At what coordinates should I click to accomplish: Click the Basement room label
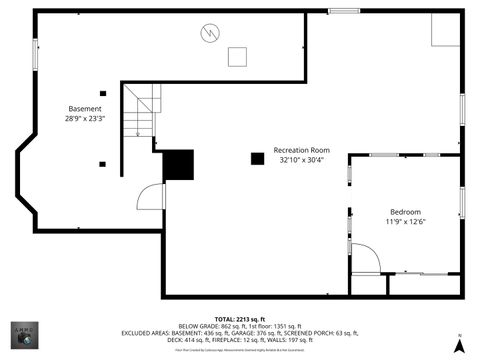tap(85, 108)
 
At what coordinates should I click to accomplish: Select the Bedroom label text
tap(405, 212)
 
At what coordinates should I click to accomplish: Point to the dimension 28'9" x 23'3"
tap(85, 118)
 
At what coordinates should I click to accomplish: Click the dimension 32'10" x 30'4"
tap(304, 160)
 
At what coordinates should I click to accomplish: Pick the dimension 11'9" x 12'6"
tap(405, 222)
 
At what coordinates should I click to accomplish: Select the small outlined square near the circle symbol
tap(237, 56)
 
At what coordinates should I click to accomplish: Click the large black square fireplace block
tap(177, 165)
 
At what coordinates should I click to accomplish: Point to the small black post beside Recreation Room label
tap(257, 158)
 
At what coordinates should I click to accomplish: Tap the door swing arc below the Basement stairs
tap(150, 196)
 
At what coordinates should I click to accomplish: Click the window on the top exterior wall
tap(344, 11)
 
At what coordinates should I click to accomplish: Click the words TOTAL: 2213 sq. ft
tap(239, 318)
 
